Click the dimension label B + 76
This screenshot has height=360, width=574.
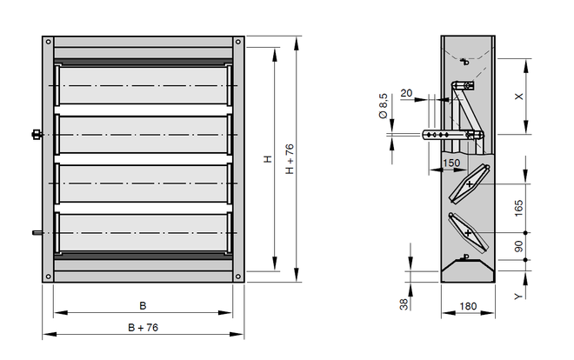(143, 328)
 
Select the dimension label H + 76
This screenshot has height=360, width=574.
(290, 159)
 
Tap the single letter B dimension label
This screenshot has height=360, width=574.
(143, 305)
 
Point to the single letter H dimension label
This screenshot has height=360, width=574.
(269, 159)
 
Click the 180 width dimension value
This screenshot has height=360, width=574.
(468, 306)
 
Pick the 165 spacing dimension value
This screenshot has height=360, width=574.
(518, 208)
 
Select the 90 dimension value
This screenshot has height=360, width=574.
(518, 246)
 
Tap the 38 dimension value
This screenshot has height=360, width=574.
(404, 304)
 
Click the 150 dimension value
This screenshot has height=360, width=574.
(451, 163)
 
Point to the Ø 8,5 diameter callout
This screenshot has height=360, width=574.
(383, 106)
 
